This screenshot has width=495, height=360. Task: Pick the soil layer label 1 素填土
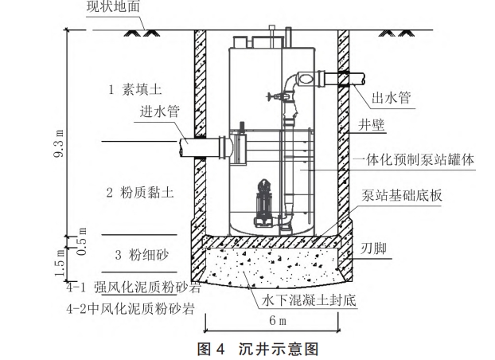click(136, 90)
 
